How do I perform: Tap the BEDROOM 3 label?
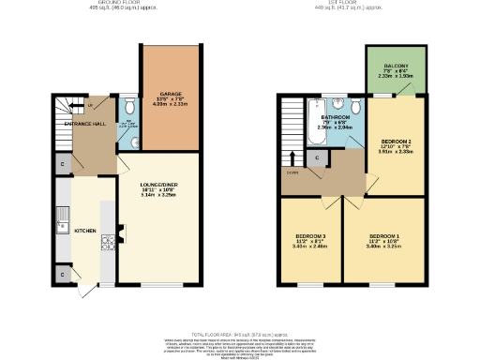tap(310, 235)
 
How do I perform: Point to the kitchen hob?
tap(107, 241)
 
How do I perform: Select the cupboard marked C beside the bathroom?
tap(319, 157)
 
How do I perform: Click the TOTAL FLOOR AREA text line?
tap(240, 335)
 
